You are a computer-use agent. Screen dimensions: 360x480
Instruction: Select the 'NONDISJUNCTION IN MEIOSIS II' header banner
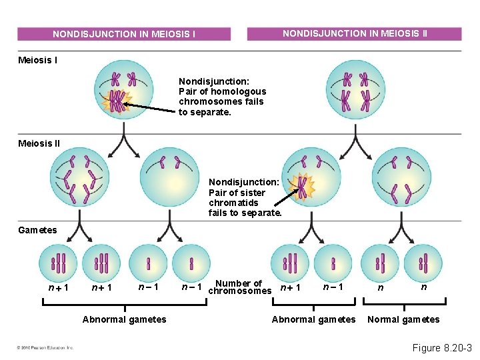[354, 33]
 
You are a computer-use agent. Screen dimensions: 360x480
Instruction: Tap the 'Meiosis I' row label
[37, 61]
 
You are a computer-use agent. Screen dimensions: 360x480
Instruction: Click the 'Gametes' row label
[37, 230]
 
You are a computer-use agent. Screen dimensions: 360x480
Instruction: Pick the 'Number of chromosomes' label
[239, 287]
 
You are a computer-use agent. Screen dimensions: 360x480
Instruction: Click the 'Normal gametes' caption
[403, 319]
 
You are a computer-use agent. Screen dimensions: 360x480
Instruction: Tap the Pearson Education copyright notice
[45, 347]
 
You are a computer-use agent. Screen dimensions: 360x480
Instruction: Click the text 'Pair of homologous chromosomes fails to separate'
[222, 97]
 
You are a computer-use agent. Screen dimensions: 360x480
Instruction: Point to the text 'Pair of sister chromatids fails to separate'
[245, 197]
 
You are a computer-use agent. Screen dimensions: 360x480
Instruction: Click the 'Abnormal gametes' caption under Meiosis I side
[124, 319]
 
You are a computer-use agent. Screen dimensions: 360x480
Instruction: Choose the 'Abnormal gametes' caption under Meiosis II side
[313, 319]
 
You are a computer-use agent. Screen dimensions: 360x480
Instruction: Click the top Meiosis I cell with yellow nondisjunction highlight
[123, 91]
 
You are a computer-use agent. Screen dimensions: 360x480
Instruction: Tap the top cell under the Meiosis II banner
[355, 91]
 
